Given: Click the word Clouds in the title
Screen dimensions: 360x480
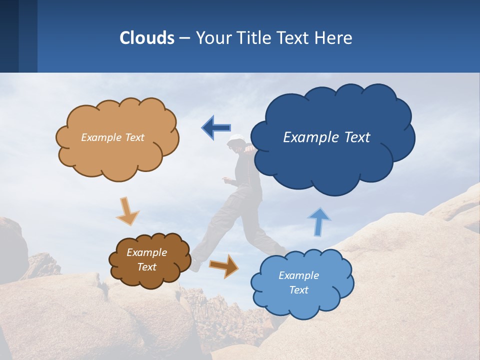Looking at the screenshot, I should tap(147, 38).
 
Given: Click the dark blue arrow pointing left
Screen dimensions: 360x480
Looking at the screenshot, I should tap(216, 127).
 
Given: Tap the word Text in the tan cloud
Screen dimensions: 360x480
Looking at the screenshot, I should tap(133, 137).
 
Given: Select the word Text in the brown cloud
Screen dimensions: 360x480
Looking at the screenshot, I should tap(147, 267).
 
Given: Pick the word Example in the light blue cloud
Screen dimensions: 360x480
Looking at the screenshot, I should tap(298, 275).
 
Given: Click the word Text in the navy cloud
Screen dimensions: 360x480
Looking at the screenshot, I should tap(357, 137).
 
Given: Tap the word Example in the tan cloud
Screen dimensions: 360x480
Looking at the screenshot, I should tap(101, 137).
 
